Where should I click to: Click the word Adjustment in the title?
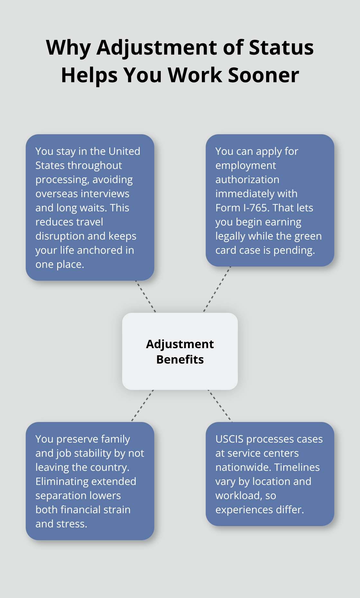tap(157, 48)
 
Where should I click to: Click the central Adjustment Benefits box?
tap(180, 351)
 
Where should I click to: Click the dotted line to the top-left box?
tap(146, 296)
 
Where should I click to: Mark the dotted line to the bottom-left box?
tap(142, 406)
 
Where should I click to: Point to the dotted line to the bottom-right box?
tap(220, 406)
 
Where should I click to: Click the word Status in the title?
tap(281, 48)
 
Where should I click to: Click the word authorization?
tap(247, 180)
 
